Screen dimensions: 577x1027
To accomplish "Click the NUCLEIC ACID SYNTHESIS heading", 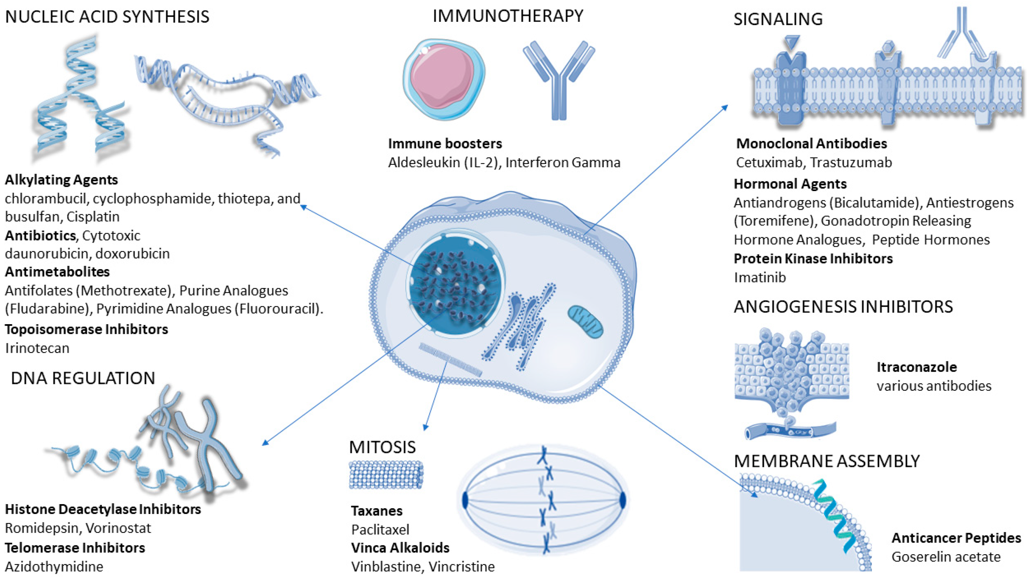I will pyautogui.click(x=107, y=17).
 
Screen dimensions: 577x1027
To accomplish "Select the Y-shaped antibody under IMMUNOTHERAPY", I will pyautogui.click(x=559, y=80).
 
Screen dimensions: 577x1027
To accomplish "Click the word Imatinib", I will pyautogui.click(x=760, y=277).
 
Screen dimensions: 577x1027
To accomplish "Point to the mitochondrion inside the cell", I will pyautogui.click(x=585, y=322).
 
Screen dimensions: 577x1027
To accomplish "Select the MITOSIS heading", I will pyautogui.click(x=382, y=447).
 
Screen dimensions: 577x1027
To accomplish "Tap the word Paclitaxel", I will pyautogui.click(x=380, y=529).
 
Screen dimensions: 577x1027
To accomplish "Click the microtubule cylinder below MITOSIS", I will pyautogui.click(x=386, y=474).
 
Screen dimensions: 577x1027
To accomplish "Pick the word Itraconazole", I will pyautogui.click(x=916, y=367).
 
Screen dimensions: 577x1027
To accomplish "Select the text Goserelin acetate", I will pyautogui.click(x=946, y=557).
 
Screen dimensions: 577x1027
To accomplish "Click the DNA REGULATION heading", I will pyautogui.click(x=83, y=378).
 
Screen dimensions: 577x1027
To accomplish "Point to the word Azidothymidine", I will pyautogui.click(x=54, y=566).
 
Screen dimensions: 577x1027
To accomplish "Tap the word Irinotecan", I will pyautogui.click(x=37, y=348).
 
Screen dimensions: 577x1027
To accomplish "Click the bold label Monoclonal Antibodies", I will pyautogui.click(x=811, y=143).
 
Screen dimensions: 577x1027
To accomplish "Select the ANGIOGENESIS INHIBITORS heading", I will pyautogui.click(x=843, y=307).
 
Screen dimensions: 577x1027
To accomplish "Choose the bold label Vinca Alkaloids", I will pyautogui.click(x=400, y=548).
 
